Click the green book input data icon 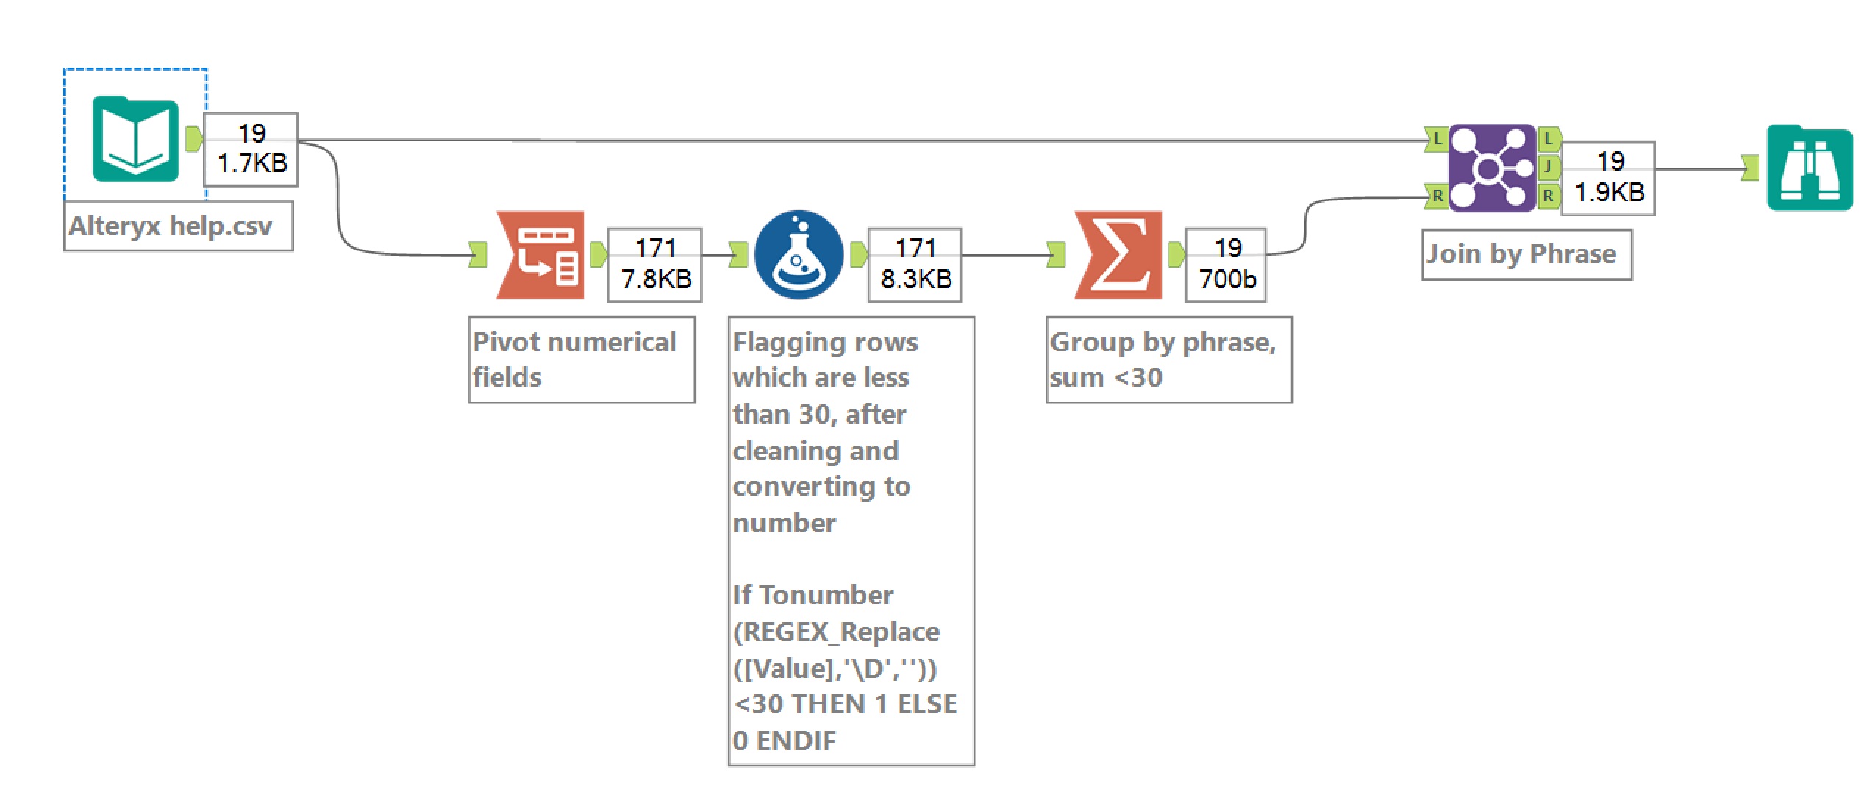point(136,139)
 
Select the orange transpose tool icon point(540,255)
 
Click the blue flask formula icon point(799,255)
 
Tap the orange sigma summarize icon point(1118,255)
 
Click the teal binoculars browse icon point(1810,169)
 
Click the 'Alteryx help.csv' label point(171,226)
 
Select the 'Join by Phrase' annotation point(1522,254)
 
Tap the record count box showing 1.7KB point(251,149)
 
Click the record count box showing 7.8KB point(655,265)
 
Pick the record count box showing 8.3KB point(915,265)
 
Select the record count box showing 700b point(1226,265)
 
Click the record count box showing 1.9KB point(1609,178)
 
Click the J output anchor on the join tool point(1549,168)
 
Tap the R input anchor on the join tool point(1436,196)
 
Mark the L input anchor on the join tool point(1436,138)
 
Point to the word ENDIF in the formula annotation point(796,740)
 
